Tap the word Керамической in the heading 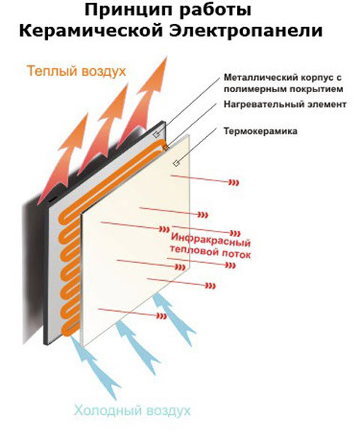91,31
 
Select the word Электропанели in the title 246,31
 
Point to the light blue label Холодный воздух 132,411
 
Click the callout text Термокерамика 260,131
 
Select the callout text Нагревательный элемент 285,105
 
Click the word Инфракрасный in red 211,240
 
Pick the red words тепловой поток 210,252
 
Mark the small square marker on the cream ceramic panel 176,163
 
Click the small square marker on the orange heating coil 165,147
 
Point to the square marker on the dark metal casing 156,134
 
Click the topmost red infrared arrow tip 238,184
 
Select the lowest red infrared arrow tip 166,316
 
